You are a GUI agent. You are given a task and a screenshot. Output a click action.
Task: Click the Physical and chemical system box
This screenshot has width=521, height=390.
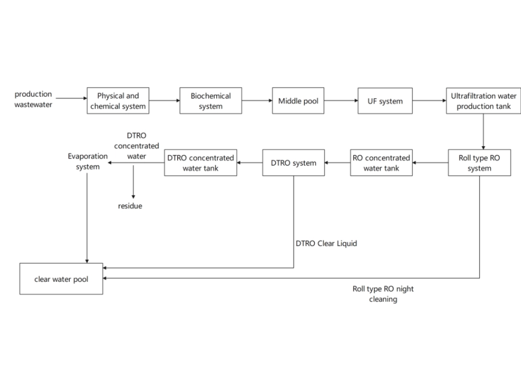(x=118, y=101)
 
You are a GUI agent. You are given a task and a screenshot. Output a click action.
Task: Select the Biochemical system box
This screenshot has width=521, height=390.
(x=210, y=101)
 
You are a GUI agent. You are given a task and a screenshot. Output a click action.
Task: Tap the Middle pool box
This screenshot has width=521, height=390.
(x=297, y=101)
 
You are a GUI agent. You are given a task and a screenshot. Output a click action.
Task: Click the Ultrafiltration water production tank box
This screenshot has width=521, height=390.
(x=483, y=101)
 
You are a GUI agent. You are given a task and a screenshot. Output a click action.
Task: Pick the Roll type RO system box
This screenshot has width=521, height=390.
(x=479, y=163)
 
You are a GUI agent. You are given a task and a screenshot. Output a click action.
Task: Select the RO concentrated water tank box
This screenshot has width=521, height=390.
(x=381, y=163)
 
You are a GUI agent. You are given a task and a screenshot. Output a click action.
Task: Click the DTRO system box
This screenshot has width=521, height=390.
(x=293, y=163)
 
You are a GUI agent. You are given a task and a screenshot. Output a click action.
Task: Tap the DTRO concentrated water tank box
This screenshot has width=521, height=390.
(x=201, y=163)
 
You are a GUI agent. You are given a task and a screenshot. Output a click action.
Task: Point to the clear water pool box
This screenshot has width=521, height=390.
(x=61, y=279)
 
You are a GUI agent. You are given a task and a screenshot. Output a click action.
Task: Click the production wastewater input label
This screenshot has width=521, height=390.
(x=33, y=99)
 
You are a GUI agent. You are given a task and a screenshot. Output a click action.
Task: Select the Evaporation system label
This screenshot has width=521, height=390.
(x=88, y=161)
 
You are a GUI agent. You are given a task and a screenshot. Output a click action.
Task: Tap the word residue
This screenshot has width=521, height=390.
(x=130, y=206)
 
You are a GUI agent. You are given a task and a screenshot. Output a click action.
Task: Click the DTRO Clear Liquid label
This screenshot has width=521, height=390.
(x=326, y=243)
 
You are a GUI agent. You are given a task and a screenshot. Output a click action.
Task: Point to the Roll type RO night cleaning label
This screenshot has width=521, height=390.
(x=383, y=294)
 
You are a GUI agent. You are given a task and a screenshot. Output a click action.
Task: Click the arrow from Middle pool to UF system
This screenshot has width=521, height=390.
(x=340, y=101)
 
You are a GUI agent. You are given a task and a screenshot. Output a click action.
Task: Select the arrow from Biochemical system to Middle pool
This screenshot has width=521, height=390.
(x=257, y=101)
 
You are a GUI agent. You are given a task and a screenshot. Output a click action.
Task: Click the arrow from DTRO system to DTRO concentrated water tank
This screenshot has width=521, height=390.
(x=250, y=163)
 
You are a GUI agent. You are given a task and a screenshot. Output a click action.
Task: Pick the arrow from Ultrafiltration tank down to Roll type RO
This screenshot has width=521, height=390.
(x=483, y=131)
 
